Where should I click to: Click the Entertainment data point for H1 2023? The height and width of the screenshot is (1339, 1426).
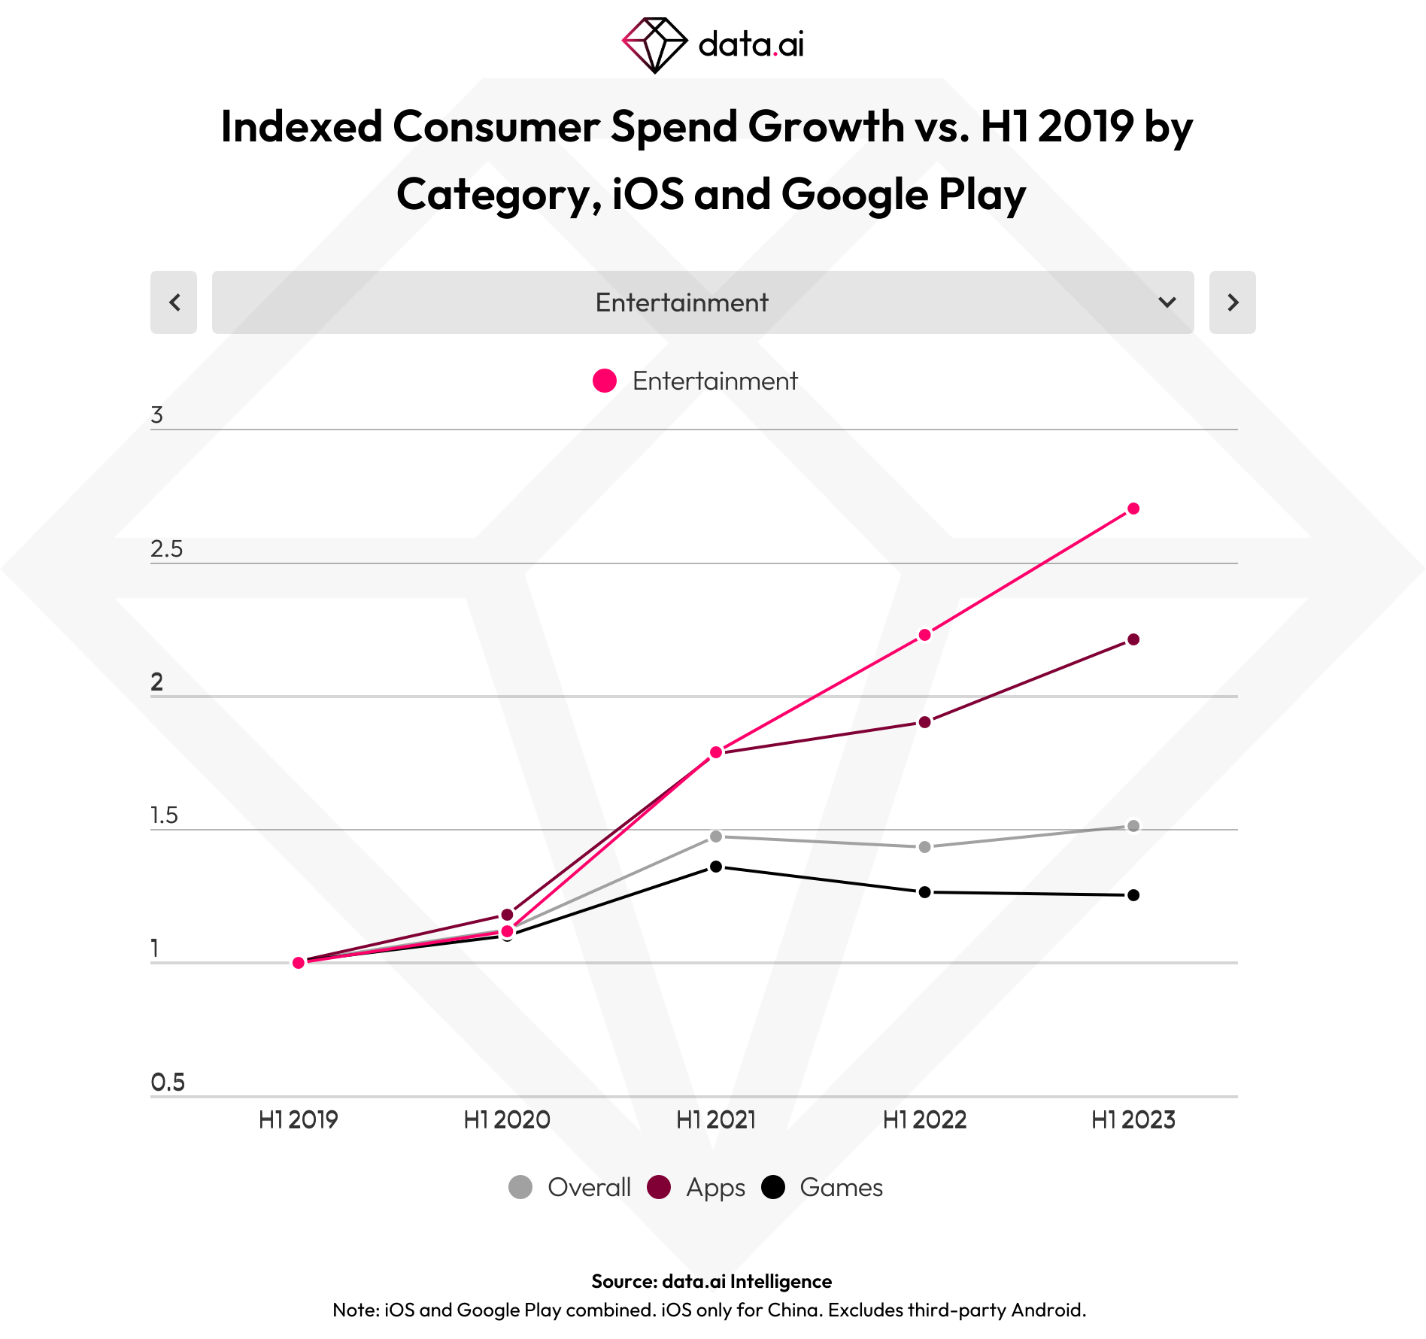click(1133, 509)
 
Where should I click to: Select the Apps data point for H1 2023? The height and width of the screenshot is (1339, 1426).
click(1133, 639)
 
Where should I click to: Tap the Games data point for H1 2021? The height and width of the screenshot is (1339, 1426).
click(716, 867)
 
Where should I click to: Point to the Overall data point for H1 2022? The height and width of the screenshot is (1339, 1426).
click(925, 847)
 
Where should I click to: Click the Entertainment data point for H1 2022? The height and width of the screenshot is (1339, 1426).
click(925, 635)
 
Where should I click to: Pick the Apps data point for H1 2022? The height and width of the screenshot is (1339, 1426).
click(925, 722)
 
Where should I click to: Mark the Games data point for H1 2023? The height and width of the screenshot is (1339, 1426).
click(1133, 895)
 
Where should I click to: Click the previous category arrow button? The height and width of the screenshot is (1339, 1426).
click(174, 302)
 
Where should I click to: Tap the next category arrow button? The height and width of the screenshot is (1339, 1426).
click(1232, 302)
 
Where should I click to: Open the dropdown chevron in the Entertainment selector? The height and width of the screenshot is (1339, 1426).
click(1167, 302)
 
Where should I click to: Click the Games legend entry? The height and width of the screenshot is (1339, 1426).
click(823, 1187)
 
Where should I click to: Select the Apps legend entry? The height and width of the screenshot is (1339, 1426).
click(696, 1187)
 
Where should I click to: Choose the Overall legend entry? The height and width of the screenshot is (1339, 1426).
click(570, 1187)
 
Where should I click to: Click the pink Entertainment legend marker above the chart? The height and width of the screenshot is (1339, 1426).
click(605, 381)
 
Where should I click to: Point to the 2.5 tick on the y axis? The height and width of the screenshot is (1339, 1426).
click(166, 549)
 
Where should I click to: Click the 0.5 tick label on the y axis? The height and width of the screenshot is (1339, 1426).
click(167, 1082)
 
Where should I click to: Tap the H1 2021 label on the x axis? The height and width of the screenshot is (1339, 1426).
click(716, 1120)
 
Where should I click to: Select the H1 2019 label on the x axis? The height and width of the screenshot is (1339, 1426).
click(298, 1120)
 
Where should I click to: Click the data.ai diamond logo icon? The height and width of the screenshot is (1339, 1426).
click(654, 45)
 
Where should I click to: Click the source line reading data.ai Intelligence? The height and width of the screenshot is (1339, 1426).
click(711, 1281)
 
